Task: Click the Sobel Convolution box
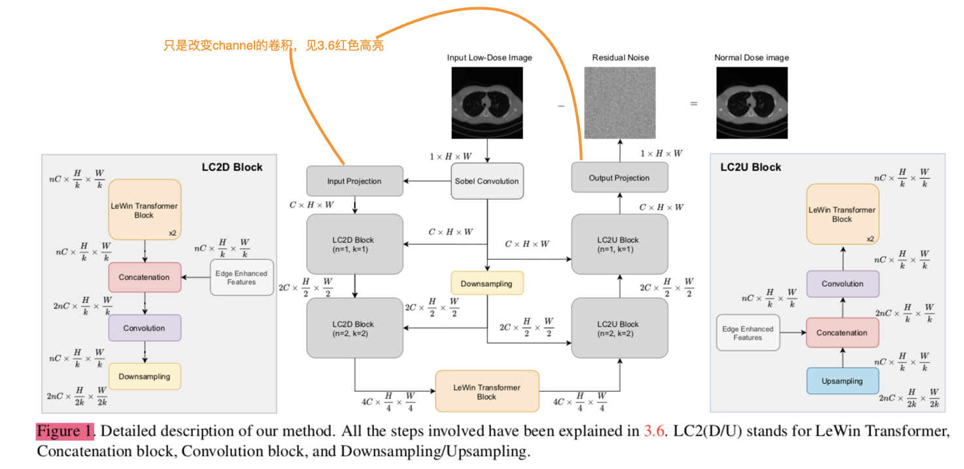tap(487, 181)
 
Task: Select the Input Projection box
tap(354, 181)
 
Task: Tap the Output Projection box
tap(619, 178)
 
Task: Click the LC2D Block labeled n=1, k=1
tap(354, 244)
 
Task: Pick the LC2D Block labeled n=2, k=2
tap(354, 328)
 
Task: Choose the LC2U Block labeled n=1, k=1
tap(619, 244)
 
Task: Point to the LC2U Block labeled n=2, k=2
tap(619, 328)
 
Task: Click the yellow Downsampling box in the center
tap(487, 283)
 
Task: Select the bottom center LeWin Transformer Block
tap(487, 391)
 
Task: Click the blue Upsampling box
tap(842, 381)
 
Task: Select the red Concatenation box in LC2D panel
tap(145, 277)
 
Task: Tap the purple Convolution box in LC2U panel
tap(842, 283)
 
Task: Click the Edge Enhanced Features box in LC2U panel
tap(748, 332)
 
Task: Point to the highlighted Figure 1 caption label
tap(65, 432)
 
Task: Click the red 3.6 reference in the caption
tap(653, 432)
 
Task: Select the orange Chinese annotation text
tap(273, 46)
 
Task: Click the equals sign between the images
tap(694, 104)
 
